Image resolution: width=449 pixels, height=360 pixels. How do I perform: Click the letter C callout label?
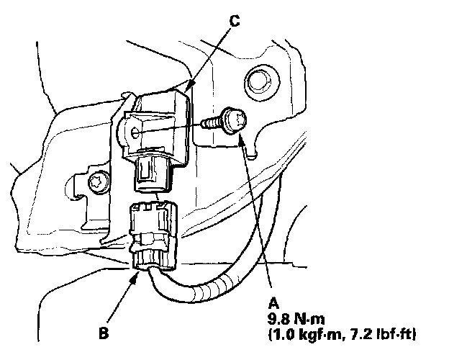pyautogui.click(x=234, y=19)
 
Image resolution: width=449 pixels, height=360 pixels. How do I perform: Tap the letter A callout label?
pyautogui.click(x=271, y=303)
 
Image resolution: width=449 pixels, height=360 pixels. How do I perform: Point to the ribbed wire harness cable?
pyautogui.click(x=216, y=288)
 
